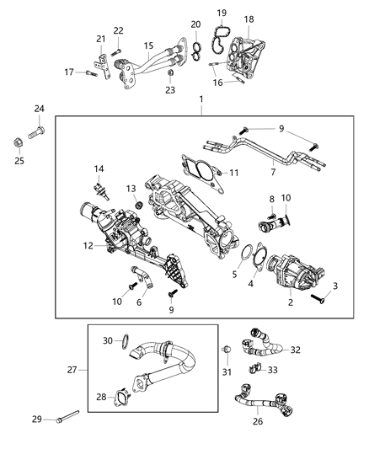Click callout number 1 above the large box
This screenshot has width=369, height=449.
click(200, 100)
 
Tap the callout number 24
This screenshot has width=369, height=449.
click(39, 109)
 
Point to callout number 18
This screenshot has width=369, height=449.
click(249, 19)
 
